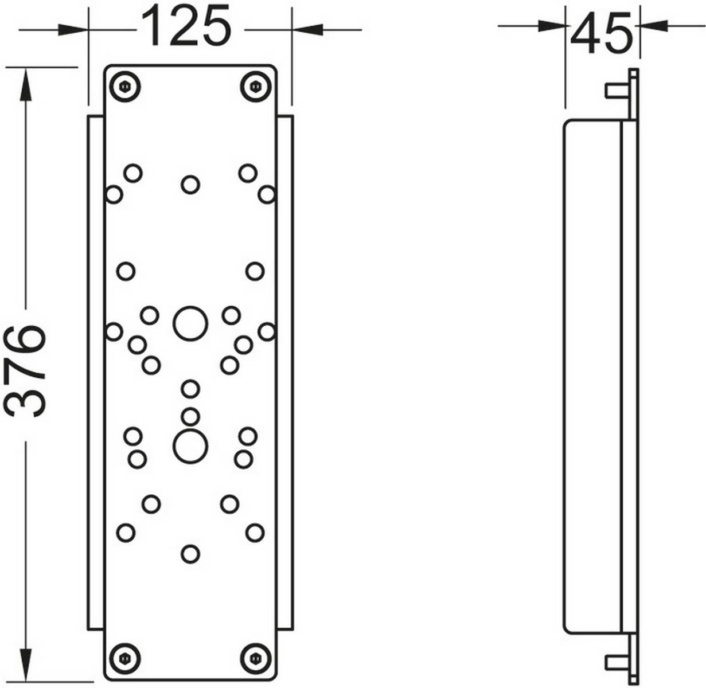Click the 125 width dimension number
tap(186, 25)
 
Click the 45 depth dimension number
tap(602, 33)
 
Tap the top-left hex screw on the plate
tap(125, 87)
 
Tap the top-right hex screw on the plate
tap(256, 87)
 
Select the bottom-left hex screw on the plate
tap(125, 658)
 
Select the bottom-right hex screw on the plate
tap(256, 658)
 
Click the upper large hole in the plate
tap(190, 323)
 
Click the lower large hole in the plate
tap(190, 447)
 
